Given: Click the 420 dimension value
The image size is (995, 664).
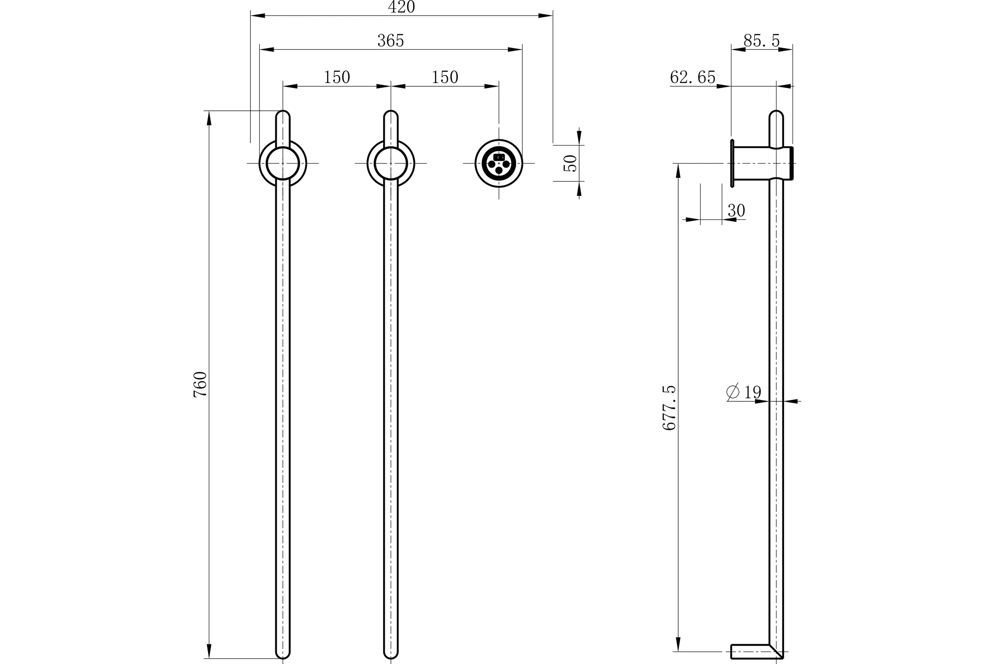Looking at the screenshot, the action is [401, 7].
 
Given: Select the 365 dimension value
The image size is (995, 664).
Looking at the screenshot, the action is [391, 41].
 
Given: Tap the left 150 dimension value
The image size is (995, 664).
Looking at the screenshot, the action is [337, 77].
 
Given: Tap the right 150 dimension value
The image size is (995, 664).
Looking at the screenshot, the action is [444, 77].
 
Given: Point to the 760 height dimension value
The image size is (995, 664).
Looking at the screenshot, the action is [200, 384].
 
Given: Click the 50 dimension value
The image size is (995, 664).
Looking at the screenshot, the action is [570, 163].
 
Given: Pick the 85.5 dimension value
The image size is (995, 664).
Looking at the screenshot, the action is [762, 41].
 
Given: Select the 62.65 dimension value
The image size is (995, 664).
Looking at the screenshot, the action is [692, 77].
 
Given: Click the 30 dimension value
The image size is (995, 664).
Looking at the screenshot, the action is [736, 210].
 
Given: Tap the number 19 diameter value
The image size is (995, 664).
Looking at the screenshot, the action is [752, 392].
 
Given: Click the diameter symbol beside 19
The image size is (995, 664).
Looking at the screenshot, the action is [733, 392].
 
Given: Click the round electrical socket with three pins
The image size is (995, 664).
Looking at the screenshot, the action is [499, 164].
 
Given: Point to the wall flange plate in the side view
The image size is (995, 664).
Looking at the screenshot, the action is [732, 163].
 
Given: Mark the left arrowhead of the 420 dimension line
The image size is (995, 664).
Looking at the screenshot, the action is [257, 16].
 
